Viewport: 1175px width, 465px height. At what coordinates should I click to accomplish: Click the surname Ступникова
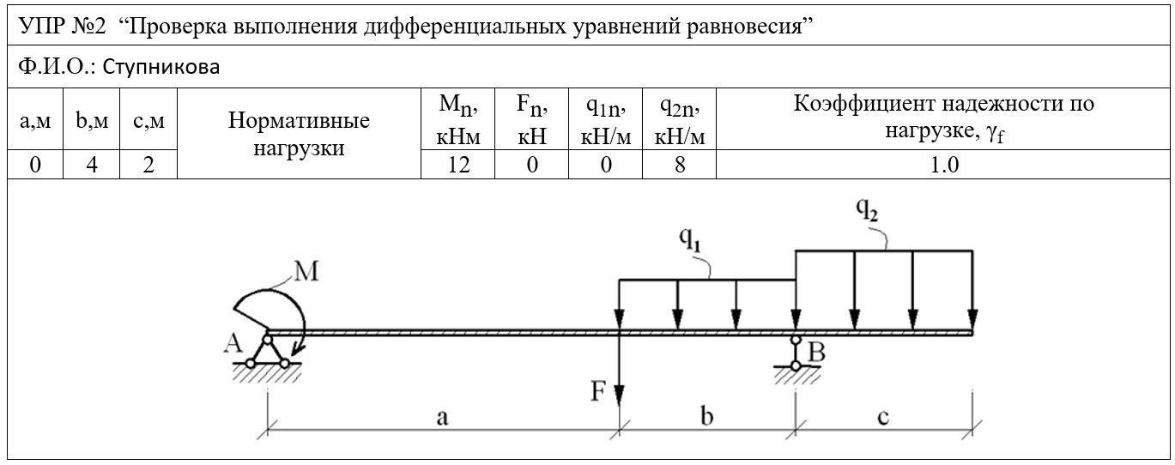(161, 67)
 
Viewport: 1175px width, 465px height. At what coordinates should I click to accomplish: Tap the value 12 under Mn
(458, 165)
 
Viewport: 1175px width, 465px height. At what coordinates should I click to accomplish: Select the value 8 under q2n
(679, 165)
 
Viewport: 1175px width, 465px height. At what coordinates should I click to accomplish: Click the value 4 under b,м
(92, 165)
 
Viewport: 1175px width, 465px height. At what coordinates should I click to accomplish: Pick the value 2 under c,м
(148, 165)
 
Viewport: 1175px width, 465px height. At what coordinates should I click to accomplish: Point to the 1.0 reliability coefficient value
(944, 165)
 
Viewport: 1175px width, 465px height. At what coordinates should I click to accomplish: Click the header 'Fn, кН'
(532, 119)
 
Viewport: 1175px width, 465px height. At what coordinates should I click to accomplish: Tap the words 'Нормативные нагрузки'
(299, 134)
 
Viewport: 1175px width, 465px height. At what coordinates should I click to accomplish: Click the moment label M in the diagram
(306, 272)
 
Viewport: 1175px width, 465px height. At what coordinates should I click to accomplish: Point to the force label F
(598, 391)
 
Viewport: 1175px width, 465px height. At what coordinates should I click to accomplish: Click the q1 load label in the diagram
(690, 239)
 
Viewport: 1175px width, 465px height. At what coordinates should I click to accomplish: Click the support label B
(817, 353)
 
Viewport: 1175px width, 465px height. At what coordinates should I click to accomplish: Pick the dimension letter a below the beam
(442, 418)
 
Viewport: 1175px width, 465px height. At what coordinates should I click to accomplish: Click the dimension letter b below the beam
(707, 416)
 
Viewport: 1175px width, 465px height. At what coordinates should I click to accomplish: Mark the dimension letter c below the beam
(884, 418)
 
